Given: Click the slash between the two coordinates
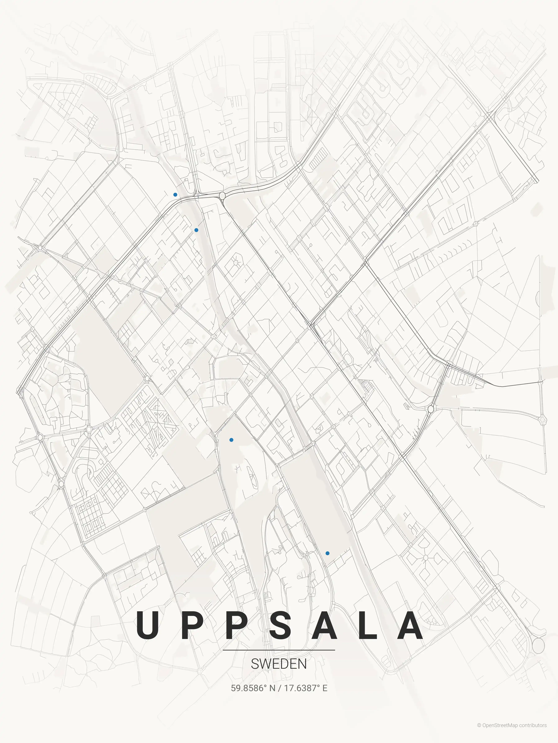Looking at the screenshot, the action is [280, 688].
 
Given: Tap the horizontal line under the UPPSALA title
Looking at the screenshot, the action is [279, 650].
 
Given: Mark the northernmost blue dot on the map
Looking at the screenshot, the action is [175, 194].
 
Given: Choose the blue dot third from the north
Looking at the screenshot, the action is [231, 440].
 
